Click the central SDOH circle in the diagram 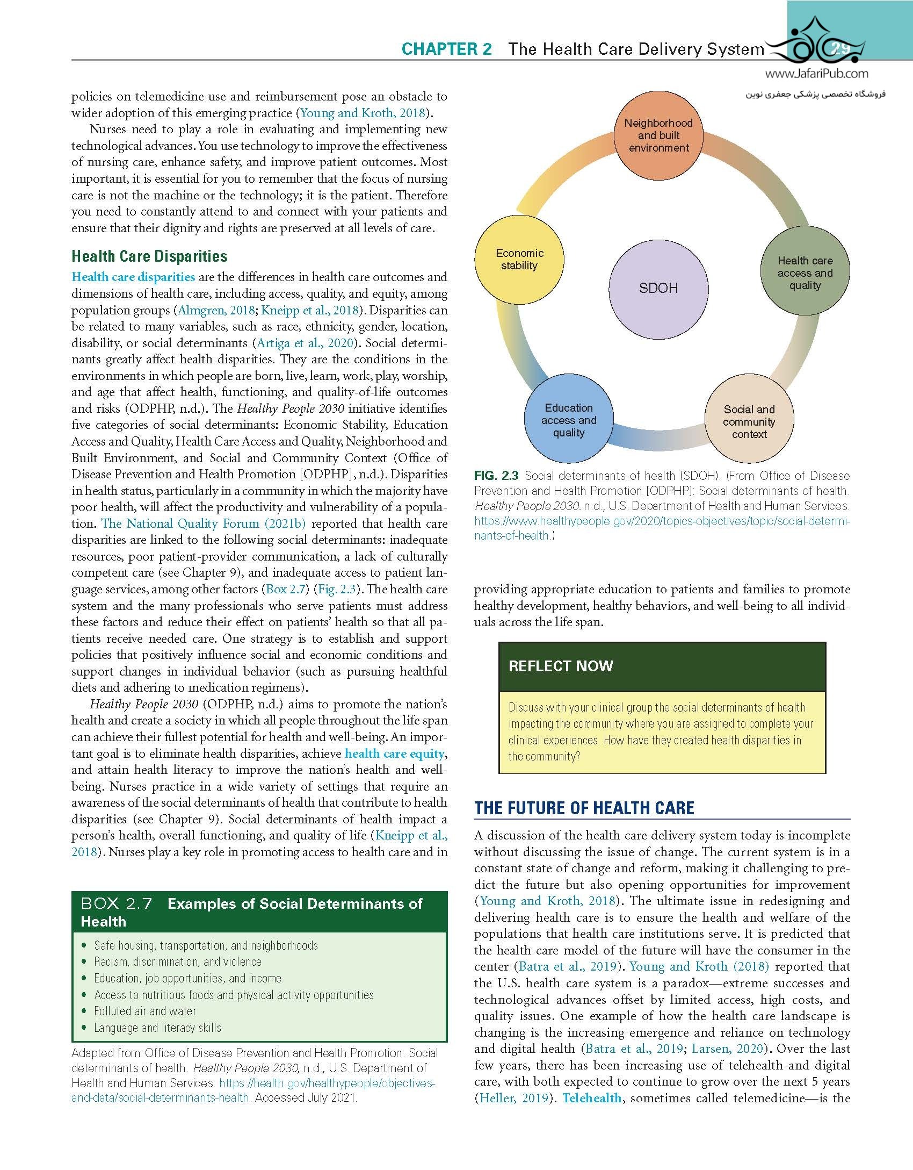[658, 288]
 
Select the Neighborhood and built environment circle [658, 135]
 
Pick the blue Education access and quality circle [569, 420]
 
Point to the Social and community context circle [749, 422]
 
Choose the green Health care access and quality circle [805, 273]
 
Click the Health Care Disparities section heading [149, 256]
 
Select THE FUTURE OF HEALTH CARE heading [584, 808]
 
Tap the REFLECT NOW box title [561, 666]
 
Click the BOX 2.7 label [117, 903]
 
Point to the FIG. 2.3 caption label [496, 476]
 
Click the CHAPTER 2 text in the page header [446, 49]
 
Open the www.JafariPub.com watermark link [816, 75]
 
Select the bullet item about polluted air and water [145, 1011]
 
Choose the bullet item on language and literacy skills [157, 1028]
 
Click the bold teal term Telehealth [592, 1097]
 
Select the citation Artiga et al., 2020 [307, 343]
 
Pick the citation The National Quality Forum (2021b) [204, 523]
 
